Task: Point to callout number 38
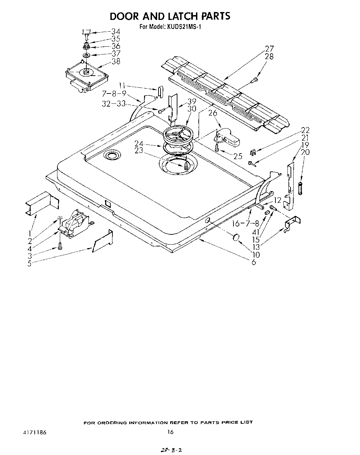[116, 61]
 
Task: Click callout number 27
[269, 48]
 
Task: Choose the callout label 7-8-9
[115, 93]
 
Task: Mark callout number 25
[238, 156]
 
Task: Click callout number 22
[305, 130]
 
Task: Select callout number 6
[254, 262]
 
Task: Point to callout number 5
[30, 264]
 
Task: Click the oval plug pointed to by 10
[236, 237]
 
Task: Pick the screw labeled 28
[254, 80]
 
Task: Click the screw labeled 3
[60, 246]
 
